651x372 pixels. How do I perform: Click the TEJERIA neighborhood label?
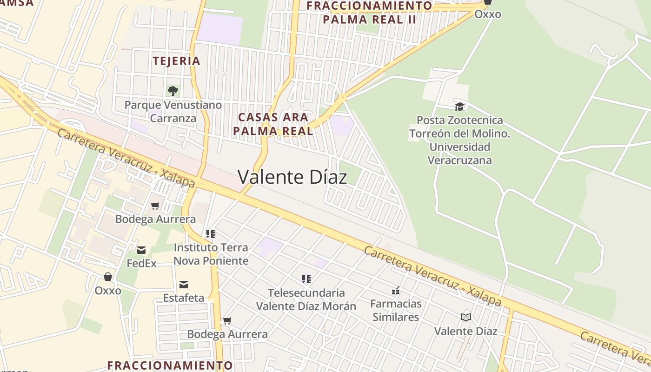click(x=176, y=61)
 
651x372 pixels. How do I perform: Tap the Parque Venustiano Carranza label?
click(x=173, y=112)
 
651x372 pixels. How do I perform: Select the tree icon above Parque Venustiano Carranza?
click(x=173, y=91)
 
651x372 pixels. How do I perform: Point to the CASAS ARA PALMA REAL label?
click(x=273, y=124)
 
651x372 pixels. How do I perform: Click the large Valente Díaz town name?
click(x=292, y=177)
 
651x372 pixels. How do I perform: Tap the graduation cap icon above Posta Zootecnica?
click(x=459, y=106)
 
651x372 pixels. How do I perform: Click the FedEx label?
click(x=141, y=264)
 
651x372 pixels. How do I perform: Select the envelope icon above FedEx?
click(x=141, y=250)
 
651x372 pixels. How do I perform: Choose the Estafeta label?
click(x=184, y=298)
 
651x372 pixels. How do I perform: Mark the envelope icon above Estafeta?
click(x=184, y=284)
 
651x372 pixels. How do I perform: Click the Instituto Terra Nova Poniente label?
click(x=211, y=254)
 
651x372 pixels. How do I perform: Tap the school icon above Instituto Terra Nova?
click(x=211, y=233)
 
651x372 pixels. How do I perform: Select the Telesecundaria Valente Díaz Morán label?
click(x=306, y=299)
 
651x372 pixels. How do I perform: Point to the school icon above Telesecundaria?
click(x=306, y=279)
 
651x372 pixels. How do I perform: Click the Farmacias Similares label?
click(x=396, y=311)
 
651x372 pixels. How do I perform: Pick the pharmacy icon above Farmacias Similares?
click(x=396, y=291)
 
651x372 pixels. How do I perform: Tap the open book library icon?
click(x=465, y=317)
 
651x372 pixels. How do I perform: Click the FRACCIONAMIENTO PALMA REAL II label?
click(x=369, y=13)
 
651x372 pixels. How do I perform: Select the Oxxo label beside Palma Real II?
click(x=488, y=14)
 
